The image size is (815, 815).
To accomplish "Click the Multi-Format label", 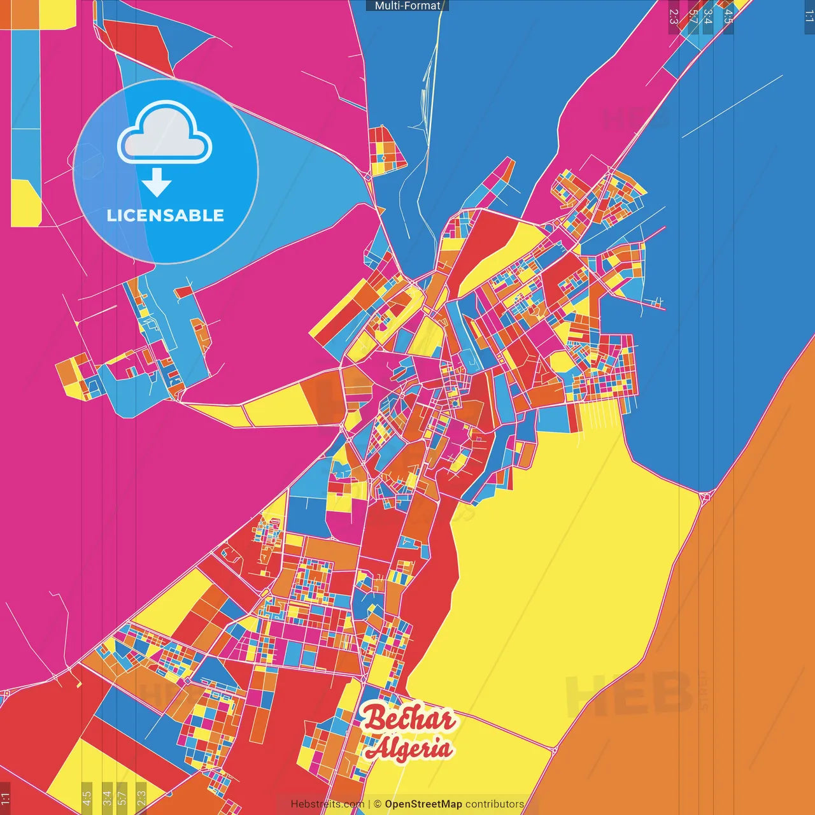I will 407,6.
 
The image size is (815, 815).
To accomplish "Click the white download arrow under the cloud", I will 157,183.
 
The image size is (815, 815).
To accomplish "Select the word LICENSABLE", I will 166,215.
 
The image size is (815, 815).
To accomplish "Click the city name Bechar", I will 409,719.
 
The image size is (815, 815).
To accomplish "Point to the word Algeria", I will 409,749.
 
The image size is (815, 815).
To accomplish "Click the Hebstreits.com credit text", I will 327,804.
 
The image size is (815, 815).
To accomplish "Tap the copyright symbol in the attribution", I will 378,804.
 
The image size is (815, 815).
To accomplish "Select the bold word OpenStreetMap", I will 423,804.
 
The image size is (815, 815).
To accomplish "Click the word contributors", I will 495,804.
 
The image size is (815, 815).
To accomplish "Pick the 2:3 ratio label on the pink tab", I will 674,17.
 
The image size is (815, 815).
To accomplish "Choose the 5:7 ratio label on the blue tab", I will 693,17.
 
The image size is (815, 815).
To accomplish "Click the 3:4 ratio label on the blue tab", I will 708,17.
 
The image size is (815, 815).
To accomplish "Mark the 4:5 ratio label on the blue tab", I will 728,17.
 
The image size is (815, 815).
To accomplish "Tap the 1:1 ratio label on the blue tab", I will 809,17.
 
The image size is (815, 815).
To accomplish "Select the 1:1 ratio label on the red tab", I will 5,798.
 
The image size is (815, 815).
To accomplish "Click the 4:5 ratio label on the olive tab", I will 87,797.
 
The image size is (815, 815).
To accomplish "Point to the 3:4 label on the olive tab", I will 107,797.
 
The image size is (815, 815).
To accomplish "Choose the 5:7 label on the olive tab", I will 122,797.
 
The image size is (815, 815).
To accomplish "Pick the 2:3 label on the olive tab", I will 141,797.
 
